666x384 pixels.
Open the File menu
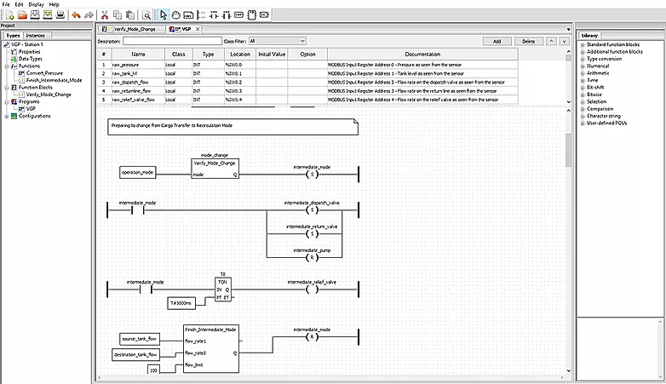coord(6,4)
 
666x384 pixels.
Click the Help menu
coord(55,4)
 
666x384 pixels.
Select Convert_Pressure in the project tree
coord(43,73)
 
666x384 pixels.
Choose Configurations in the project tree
coord(35,116)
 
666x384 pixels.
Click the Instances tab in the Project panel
coord(35,35)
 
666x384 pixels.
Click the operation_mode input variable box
coord(138,172)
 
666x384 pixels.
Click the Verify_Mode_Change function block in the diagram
coord(215,167)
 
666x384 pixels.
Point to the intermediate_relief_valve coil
coord(311,289)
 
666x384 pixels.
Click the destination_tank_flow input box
coord(135,353)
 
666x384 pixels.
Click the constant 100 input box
coord(153,370)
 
